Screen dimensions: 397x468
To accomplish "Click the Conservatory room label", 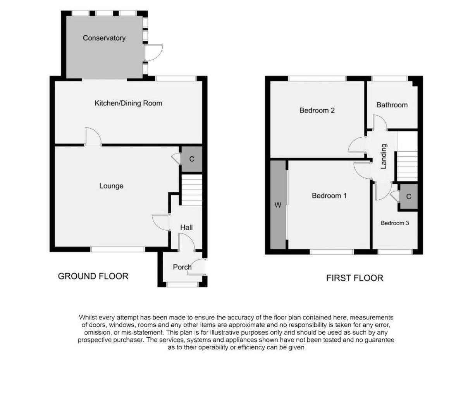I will [104, 38].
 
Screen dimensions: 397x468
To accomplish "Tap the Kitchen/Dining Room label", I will [128, 103].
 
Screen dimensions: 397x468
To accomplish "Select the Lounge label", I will [111, 186].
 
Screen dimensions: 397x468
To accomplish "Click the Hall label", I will [186, 228].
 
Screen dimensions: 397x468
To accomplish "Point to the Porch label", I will [182, 267].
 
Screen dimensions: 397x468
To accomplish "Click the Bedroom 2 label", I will [317, 110].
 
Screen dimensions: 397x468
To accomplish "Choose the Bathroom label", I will [392, 105].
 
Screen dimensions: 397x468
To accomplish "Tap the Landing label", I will [384, 157].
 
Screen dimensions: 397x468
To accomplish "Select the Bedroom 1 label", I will [329, 196].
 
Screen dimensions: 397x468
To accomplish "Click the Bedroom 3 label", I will [394, 223].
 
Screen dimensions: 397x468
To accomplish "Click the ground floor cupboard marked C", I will [191, 159].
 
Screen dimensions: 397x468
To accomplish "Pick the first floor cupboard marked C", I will [408, 197].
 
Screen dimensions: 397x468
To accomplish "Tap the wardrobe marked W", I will [277, 205].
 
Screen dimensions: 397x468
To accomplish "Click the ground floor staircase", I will [192, 190].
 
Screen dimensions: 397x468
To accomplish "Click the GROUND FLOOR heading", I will [93, 276].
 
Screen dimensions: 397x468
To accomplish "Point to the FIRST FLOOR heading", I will [354, 278].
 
